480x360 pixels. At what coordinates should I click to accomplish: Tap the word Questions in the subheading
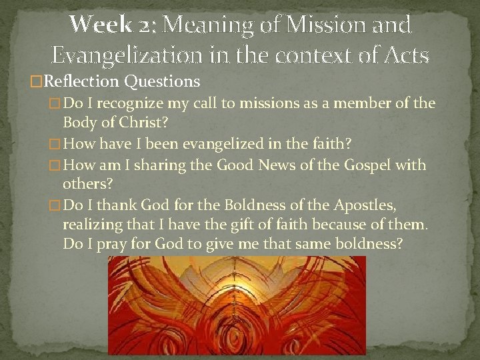[163, 81]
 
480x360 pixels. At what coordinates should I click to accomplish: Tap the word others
[85, 184]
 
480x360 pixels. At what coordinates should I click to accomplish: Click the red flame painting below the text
[237, 307]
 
